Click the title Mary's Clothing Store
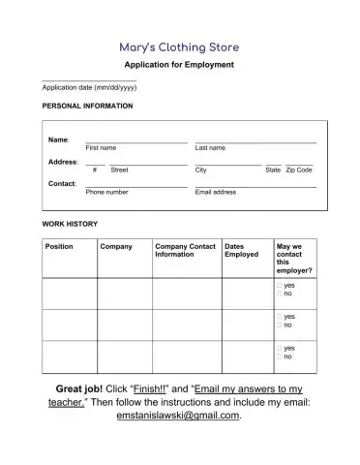pos(179,46)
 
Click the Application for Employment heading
pos(179,65)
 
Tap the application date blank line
pos(88,80)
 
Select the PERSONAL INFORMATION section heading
pos(88,106)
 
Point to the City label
pos(200,170)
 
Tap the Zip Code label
pos(299,170)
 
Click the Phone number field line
pos(135,185)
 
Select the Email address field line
pos(255,185)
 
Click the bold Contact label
pos(63,183)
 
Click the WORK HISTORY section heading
pos(71,224)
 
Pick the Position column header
pos(60,247)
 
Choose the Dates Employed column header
pos(242,251)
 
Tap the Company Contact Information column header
pos(185,251)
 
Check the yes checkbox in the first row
pos(279,285)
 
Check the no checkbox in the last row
pos(279,356)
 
